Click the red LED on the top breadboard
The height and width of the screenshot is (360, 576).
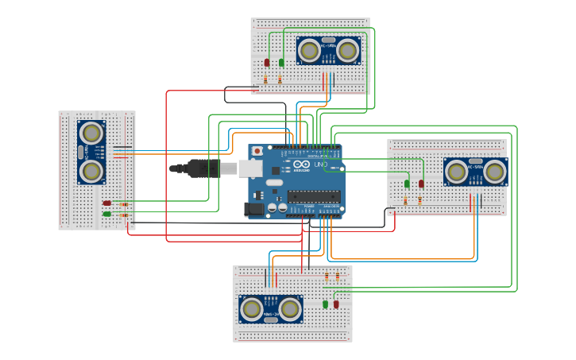pyautogui.click(x=267, y=62)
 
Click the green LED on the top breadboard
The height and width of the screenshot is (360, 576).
pyautogui.click(x=281, y=62)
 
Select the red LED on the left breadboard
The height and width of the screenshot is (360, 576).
pyautogui.click(x=106, y=203)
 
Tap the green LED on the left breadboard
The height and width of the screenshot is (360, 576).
pyautogui.click(x=106, y=214)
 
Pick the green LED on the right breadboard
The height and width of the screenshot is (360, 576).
pyautogui.click(x=407, y=184)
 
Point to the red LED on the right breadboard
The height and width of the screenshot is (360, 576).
pyautogui.click(x=421, y=184)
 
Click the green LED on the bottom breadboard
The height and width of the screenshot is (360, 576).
pyautogui.click(x=326, y=304)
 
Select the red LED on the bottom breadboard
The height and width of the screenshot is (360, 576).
pyautogui.click(x=336, y=304)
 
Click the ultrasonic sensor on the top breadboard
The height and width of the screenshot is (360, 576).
pyautogui.click(x=328, y=50)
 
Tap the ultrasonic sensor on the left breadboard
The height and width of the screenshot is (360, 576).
pyautogui.click(x=91, y=152)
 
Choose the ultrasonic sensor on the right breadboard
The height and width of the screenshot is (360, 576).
pyautogui.click(x=475, y=171)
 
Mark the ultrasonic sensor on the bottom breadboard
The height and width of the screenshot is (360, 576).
pyautogui.click(x=271, y=308)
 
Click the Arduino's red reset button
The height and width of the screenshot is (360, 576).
pyautogui.click(x=257, y=151)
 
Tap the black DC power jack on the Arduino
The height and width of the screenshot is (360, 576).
pyautogui.click(x=253, y=209)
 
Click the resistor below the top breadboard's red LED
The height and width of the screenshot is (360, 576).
pyautogui.click(x=265, y=79)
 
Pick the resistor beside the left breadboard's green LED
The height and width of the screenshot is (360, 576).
pyautogui.click(x=123, y=215)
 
